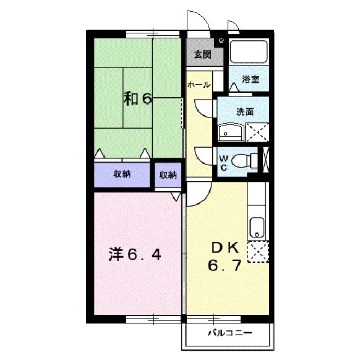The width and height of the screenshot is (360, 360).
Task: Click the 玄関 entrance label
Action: (202, 54)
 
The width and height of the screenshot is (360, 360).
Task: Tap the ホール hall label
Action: (199, 85)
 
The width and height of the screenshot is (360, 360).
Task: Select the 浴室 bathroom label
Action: (251, 79)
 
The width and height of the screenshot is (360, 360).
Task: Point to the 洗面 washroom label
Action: (245, 112)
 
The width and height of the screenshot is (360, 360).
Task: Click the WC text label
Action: (223, 163)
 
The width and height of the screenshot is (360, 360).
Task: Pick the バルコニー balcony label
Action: (229, 333)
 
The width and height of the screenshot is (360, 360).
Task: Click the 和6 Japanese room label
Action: (137, 98)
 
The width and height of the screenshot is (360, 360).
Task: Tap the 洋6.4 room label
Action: (135, 254)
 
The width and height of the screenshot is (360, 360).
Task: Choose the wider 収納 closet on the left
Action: (122, 174)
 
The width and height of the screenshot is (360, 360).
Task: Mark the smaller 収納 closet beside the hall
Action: (168, 175)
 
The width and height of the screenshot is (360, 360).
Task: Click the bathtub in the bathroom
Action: (248, 51)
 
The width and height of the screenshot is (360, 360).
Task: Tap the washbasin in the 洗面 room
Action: (231, 132)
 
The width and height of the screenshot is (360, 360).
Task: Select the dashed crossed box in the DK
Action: (258, 252)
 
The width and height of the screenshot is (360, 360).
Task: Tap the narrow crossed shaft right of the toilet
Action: (266, 160)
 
